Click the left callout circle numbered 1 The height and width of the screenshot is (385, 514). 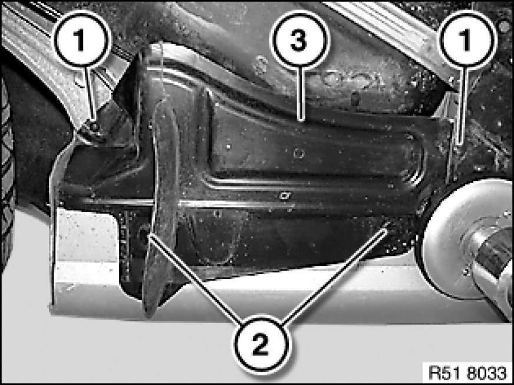81,41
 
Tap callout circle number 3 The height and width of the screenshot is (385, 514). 299,41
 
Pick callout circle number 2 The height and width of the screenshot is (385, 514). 261,344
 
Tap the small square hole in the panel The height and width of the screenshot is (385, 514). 284,196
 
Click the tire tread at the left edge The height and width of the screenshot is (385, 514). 7,170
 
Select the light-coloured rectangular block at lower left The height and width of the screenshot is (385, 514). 86,249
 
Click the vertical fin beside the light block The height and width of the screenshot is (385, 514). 160,210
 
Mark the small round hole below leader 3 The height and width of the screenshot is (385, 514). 298,153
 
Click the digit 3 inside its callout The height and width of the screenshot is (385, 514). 299,41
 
